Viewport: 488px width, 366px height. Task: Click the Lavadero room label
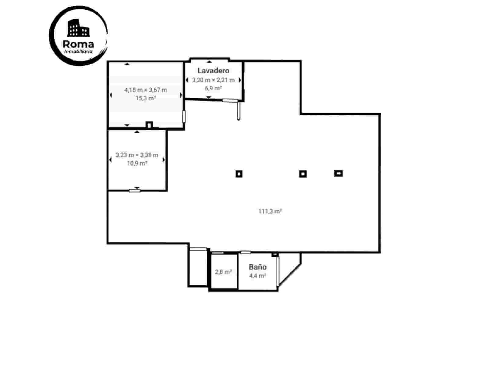213,71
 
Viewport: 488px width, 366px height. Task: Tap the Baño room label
257,267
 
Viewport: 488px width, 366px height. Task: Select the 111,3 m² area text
270,211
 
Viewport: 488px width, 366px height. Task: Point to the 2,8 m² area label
223,272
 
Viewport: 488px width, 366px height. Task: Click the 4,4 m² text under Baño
257,276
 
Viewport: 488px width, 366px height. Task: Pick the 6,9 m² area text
213,89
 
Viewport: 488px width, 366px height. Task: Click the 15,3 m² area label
145,98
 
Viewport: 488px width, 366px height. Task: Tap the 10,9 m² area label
137,163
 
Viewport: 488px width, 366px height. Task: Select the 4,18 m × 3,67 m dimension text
145,90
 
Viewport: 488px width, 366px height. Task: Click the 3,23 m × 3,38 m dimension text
137,155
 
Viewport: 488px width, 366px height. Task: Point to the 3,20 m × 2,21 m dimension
213,80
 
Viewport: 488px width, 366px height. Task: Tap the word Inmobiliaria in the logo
78,52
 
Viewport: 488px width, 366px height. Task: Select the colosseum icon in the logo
78,28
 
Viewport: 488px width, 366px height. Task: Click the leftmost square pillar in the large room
239,174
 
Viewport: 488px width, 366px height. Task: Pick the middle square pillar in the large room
303,174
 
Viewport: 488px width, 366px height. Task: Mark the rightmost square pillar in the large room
339,173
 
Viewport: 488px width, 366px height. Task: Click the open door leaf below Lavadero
239,111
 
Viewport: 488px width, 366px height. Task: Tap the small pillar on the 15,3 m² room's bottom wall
149,125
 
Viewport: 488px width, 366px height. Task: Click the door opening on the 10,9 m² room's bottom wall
135,191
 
